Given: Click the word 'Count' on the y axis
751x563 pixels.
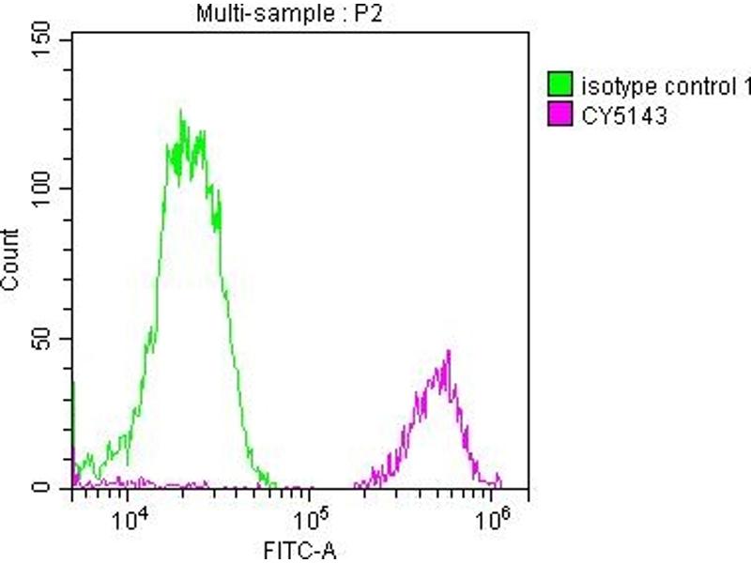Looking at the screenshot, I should (12, 260).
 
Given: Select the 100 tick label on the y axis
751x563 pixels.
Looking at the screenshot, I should (44, 189).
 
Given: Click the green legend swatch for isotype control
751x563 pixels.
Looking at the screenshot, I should (561, 87).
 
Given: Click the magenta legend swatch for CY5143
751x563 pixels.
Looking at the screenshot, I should (561, 117).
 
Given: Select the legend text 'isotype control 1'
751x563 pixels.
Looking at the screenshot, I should (665, 87).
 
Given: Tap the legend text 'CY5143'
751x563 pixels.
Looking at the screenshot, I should (623, 117).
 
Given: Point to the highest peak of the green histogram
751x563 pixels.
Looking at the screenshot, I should (180, 112).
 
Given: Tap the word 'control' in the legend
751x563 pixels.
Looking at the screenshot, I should (691, 87).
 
